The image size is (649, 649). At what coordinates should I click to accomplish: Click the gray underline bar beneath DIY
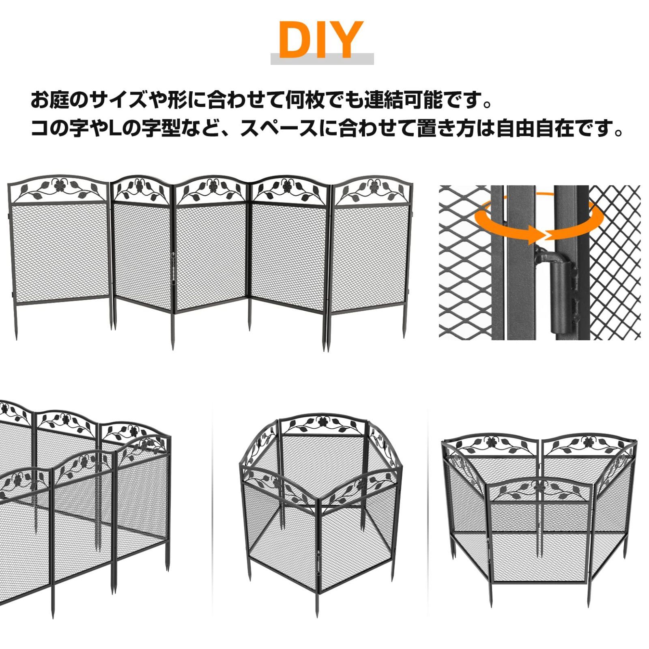click(x=322, y=59)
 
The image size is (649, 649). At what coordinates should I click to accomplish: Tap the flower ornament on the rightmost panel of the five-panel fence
click(x=372, y=186)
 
